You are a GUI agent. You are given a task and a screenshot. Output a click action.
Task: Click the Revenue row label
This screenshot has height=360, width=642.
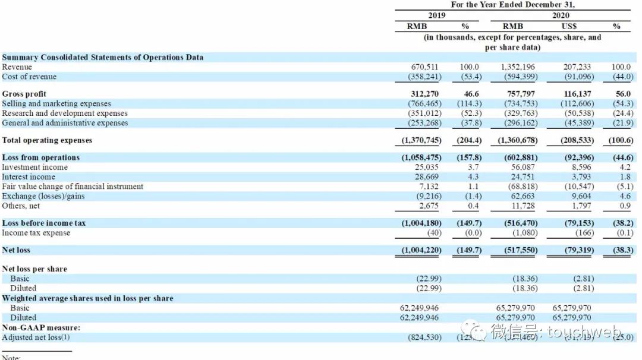[x=17, y=67]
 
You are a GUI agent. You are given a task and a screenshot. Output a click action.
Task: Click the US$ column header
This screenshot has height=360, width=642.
[x=569, y=26]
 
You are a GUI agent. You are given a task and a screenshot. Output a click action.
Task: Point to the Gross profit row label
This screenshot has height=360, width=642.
[x=24, y=94]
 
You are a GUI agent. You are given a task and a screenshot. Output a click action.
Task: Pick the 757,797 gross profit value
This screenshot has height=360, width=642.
[x=520, y=94]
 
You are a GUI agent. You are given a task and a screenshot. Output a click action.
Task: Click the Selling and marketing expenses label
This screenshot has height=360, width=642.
[x=56, y=103]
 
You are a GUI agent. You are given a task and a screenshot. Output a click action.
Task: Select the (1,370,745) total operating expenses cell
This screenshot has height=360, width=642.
[x=420, y=141]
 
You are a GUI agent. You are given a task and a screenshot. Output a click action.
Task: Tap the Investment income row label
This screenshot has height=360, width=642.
[x=34, y=168]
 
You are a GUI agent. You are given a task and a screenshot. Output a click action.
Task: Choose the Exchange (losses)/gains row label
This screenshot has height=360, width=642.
[x=43, y=196]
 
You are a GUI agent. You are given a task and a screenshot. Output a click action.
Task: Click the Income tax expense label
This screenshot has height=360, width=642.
[x=36, y=233]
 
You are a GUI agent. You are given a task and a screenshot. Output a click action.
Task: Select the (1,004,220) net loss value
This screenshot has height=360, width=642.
[x=420, y=250]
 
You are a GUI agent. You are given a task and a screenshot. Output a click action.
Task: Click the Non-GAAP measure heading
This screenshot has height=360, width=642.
[x=41, y=328]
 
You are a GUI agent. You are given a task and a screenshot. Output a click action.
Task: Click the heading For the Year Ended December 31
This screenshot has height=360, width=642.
[x=513, y=5]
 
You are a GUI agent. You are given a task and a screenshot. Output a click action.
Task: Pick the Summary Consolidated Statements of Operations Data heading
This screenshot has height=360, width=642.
[x=103, y=58]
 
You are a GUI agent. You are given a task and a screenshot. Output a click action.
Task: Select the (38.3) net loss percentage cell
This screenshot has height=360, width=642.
[x=620, y=250]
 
